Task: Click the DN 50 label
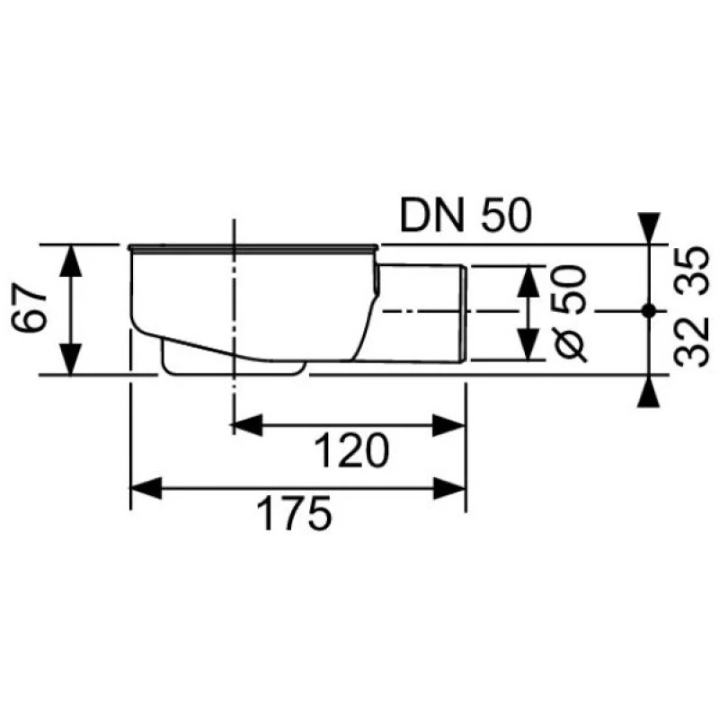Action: pos(466,215)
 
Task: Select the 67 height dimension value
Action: pos(29,307)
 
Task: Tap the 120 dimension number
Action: pos(351,451)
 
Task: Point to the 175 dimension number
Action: pos(294,513)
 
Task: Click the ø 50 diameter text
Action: pos(570,313)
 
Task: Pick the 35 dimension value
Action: pos(692,271)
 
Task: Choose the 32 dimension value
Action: pos(692,342)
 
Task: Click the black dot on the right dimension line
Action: pos(648,311)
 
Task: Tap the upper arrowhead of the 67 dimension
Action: pos(71,261)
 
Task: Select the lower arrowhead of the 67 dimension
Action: pos(71,359)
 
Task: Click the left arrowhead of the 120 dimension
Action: pos(248,425)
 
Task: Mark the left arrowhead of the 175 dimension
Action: pos(146,488)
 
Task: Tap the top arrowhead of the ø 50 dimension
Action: pos(528,280)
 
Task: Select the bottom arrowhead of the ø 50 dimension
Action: pos(528,345)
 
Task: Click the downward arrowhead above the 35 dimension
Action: pos(648,228)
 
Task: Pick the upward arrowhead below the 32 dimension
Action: pos(648,392)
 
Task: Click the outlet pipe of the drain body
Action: pos(420,314)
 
